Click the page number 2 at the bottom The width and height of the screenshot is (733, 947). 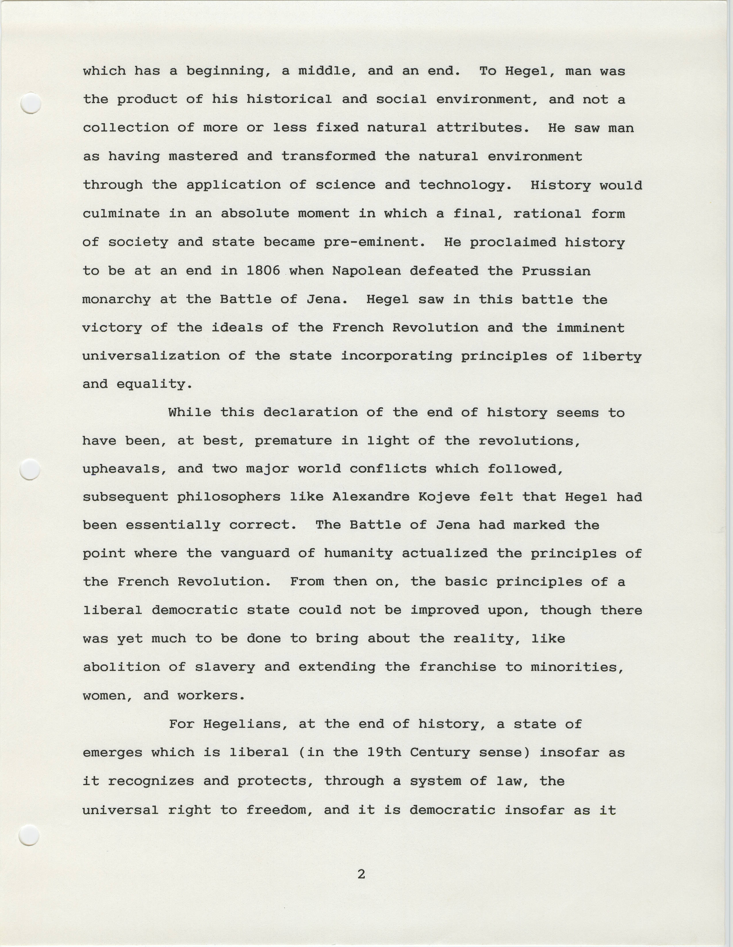click(x=361, y=874)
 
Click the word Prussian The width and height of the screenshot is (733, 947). click(x=556, y=271)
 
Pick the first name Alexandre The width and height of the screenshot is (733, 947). click(x=371, y=496)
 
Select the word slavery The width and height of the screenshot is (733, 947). click(x=225, y=667)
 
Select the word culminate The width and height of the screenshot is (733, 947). click(x=121, y=213)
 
